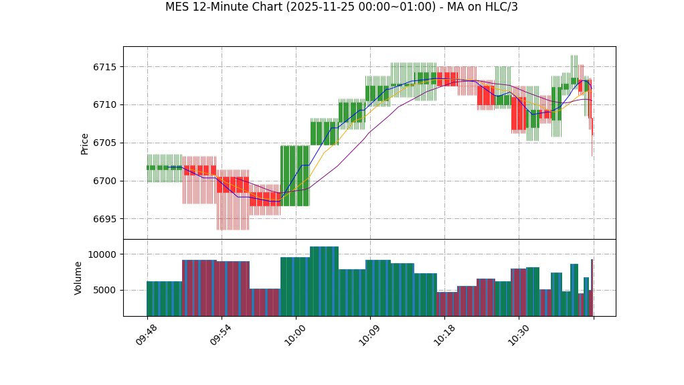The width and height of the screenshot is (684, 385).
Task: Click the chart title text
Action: click(341, 7)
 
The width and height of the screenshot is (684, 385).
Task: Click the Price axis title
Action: click(85, 143)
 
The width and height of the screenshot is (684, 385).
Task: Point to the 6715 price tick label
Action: click(104, 67)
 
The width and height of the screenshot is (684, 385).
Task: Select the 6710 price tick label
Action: click(104, 105)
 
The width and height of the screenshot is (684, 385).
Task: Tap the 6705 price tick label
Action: click(104, 143)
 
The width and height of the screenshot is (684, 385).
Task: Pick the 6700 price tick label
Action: click(104, 181)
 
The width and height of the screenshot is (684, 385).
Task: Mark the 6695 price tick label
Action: click(104, 219)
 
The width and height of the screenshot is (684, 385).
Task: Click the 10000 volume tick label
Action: click(102, 254)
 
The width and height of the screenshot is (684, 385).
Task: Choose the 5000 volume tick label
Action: click(104, 290)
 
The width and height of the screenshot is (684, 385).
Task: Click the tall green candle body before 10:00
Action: click(295, 175)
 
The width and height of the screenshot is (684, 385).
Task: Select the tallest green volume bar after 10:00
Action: click(324, 281)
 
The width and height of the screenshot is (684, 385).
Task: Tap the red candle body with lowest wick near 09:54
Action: click(232, 185)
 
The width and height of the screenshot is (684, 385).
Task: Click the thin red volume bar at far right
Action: click(592, 288)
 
